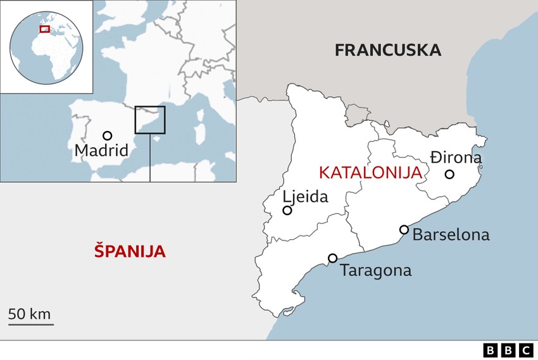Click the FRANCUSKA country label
387,50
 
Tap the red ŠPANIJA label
130,251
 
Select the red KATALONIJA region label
370,173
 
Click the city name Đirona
456,158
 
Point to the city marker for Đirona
449,174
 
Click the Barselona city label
451,235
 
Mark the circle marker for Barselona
404,230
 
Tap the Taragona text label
375,271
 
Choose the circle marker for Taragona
332,258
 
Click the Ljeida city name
306,197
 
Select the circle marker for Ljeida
287,210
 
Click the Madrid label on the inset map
101,151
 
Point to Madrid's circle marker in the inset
108,135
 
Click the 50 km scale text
29,314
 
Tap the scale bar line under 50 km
31,325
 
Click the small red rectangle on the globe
44,28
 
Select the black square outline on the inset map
150,120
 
